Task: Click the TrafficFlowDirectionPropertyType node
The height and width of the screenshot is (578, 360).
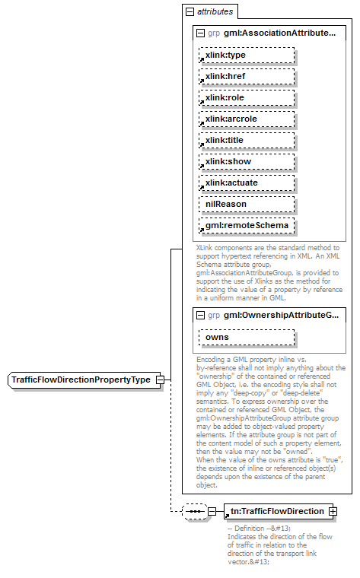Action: [80, 380]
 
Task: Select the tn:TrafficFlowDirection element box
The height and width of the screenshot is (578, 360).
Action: [276, 511]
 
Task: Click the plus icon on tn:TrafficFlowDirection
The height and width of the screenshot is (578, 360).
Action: [333, 511]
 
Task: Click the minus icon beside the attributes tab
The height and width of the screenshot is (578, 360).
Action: [190, 12]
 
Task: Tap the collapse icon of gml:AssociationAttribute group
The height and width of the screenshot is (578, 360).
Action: [200, 34]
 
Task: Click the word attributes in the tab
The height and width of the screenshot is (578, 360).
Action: [215, 12]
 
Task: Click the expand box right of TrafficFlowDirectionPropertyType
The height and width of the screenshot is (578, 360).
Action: [160, 380]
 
